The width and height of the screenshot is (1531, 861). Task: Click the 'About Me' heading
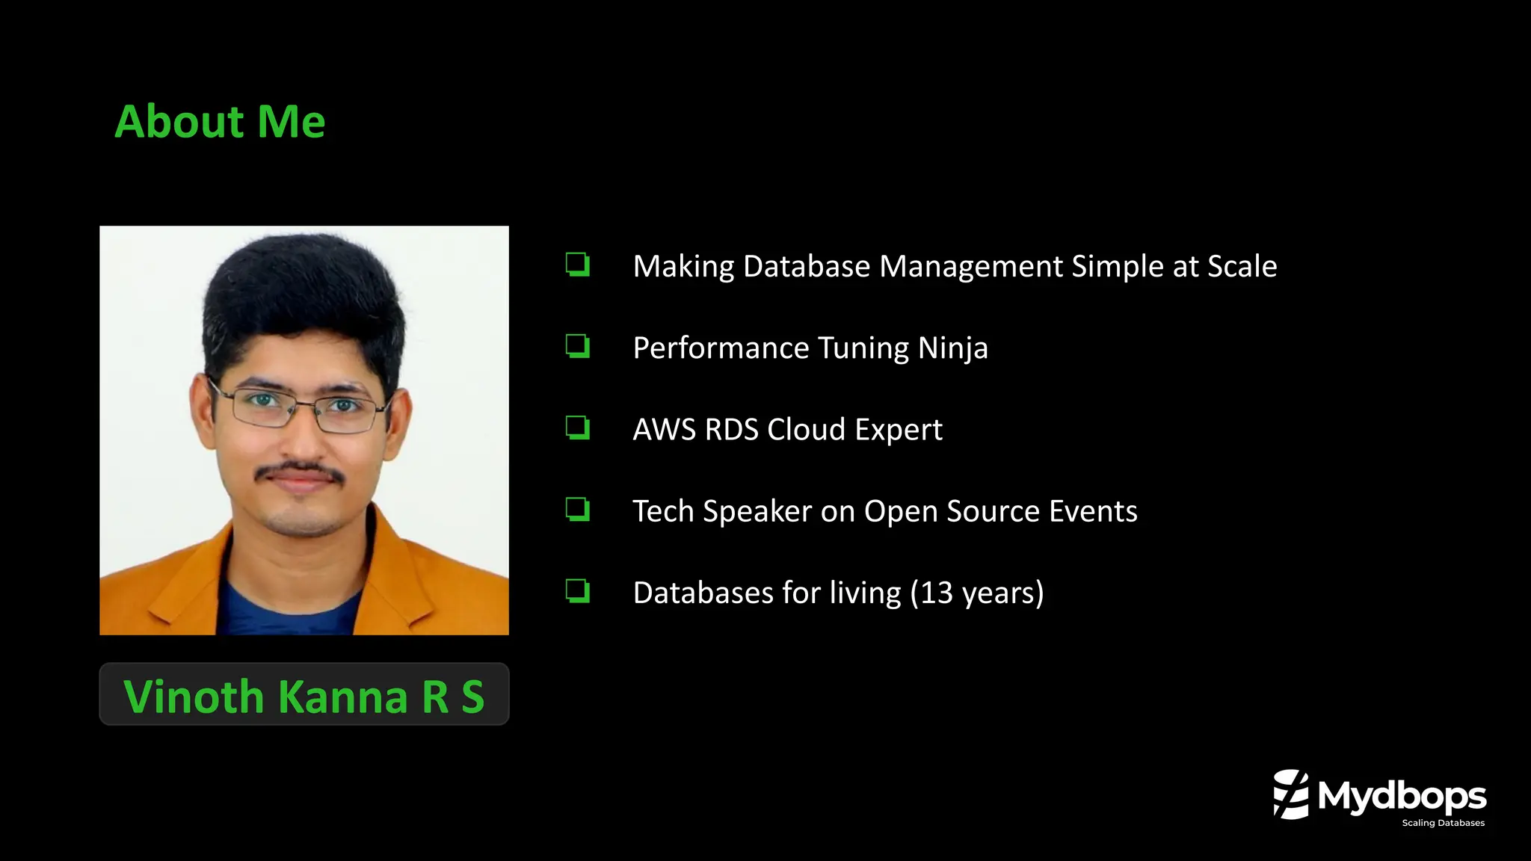coord(220,122)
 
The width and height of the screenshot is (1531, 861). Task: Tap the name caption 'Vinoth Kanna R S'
coord(304,696)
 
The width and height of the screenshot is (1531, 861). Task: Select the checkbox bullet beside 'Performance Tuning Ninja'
coord(577,346)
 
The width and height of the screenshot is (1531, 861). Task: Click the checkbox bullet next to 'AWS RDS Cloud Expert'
coord(577,428)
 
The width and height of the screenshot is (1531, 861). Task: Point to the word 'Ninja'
coord(952,348)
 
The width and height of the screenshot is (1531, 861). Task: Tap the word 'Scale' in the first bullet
coord(1242,267)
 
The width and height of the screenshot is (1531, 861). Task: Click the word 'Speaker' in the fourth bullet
coord(757,512)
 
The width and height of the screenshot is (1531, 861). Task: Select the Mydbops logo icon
coord(1291,794)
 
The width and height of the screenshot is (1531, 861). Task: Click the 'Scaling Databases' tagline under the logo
coord(1443,823)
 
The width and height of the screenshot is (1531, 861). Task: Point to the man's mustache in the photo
coord(299,471)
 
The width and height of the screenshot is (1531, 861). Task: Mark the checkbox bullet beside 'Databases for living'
coord(577,590)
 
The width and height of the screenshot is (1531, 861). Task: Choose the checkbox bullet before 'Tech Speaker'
coord(577,509)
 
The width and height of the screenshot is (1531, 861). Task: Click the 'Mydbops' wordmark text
coord(1402,796)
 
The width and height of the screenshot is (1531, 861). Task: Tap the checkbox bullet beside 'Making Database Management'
coord(577,265)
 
